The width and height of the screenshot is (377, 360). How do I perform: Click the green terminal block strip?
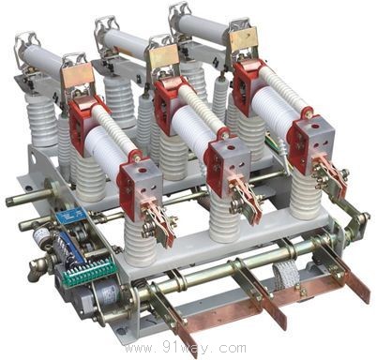[91, 272]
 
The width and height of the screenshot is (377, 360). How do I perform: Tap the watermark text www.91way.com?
[185, 348]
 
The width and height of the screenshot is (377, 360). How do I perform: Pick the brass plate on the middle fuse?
[164, 56]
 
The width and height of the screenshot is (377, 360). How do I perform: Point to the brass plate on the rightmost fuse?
[244, 39]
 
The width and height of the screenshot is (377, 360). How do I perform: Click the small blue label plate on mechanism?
[72, 216]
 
